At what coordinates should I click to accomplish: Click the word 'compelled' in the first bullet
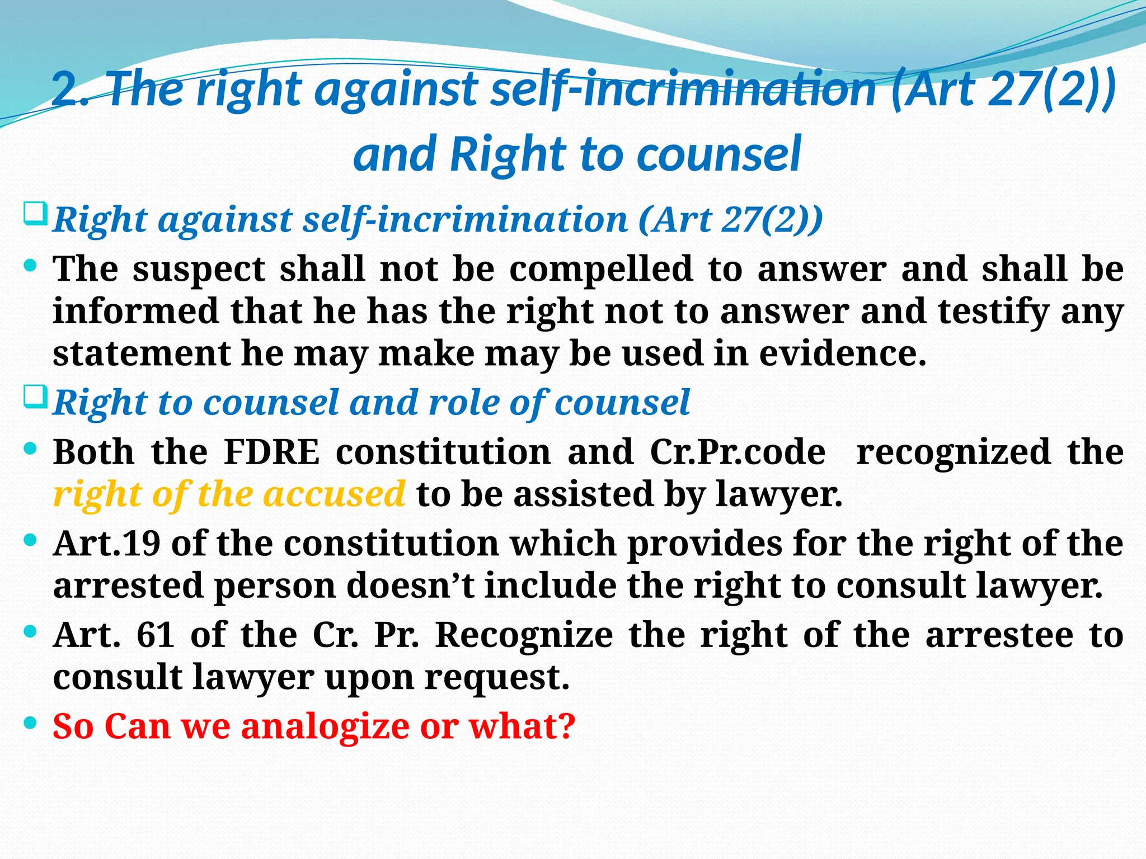601,270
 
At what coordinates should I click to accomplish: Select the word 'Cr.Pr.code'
738,452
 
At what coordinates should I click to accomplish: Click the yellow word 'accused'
334,494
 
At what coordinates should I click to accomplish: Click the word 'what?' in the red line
522,726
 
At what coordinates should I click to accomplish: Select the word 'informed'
135,311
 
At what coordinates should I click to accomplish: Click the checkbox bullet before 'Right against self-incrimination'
35,215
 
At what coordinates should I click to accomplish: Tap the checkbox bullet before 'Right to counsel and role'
35,398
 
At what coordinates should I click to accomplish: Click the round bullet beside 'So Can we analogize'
31,723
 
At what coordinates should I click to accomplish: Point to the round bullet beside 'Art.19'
31,540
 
